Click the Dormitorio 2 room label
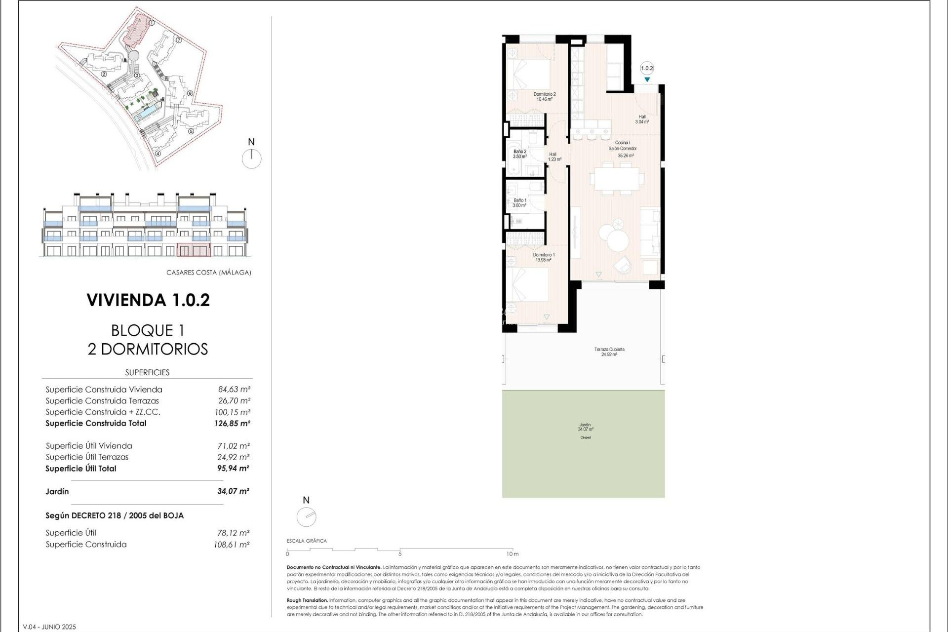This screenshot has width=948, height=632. pos(545,96)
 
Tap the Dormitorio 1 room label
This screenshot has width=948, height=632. pos(544,257)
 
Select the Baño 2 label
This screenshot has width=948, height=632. pos(519,154)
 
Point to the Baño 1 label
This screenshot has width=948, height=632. pos(519,203)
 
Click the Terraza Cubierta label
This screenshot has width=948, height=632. pos(609,352)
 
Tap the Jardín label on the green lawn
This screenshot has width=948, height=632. pos(585,427)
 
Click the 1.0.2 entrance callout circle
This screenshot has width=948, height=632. pos(647,69)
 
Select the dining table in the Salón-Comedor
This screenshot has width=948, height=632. pos(617,179)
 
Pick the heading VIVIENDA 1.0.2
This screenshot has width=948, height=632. pos(148,300)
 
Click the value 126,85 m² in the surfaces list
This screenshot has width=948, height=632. pos(232,423)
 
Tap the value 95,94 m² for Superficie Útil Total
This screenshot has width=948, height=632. pos(233,469)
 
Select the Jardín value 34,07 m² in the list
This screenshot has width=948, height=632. pos(233,491)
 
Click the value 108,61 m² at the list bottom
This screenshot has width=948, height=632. pos(232,545)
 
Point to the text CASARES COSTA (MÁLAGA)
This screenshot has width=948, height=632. pos(209,273)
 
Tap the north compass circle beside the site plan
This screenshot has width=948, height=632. pos(251,159)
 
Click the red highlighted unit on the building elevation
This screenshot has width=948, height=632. pos(194,250)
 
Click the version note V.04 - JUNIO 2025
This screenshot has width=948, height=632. pos(49,627)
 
